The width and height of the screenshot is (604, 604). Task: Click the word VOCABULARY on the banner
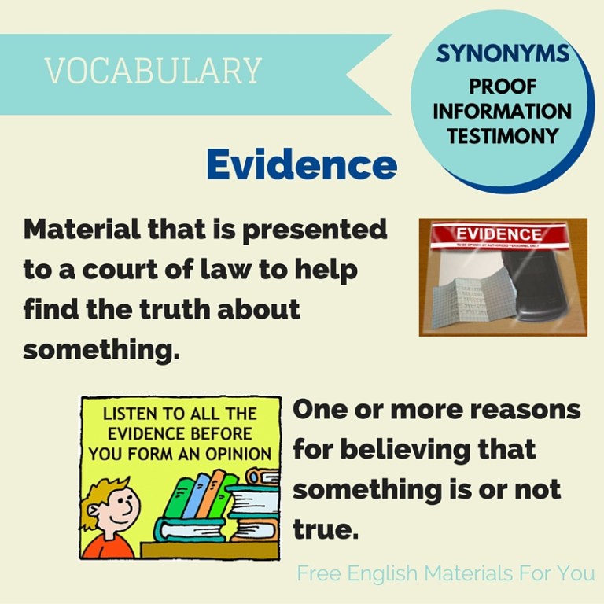click(153, 72)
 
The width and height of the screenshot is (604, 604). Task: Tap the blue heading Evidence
click(301, 164)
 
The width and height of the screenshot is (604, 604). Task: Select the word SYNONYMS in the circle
click(503, 53)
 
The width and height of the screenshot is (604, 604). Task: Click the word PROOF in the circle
click(503, 87)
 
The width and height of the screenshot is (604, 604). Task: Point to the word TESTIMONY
click(503, 136)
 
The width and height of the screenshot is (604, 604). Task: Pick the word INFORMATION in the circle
click(503, 111)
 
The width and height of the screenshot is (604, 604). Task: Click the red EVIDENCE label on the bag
click(499, 234)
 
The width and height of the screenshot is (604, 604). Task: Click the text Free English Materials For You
click(445, 573)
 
